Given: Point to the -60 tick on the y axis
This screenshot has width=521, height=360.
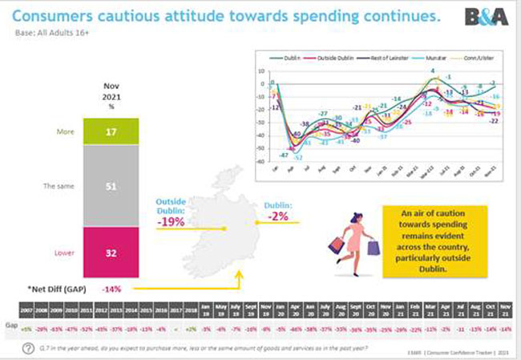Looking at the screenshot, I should pyautogui.click(x=260, y=159).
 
